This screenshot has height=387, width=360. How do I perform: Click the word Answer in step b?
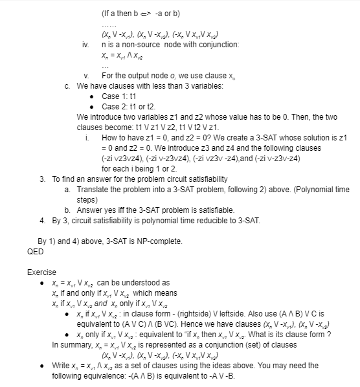click(x=90, y=210)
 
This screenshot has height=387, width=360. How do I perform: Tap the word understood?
click(x=145, y=283)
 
